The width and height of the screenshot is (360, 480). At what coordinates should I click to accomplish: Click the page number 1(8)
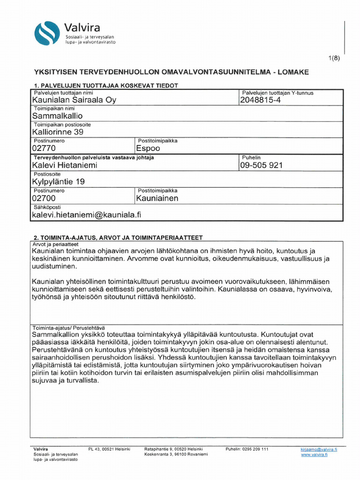click(334, 58)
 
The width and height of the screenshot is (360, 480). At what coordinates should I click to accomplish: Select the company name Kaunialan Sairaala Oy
click(74, 100)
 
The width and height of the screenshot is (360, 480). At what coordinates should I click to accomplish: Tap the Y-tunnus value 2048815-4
click(260, 100)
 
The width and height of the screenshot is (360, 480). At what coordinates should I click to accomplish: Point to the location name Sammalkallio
click(57, 116)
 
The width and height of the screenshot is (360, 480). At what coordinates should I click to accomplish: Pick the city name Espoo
click(148, 149)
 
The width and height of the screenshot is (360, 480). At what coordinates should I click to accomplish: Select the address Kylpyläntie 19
click(59, 182)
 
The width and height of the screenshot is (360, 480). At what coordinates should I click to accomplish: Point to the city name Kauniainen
click(157, 198)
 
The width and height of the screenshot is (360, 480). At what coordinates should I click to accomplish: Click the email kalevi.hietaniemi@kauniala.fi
click(86, 215)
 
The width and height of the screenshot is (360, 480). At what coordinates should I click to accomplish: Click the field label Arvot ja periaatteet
click(55, 244)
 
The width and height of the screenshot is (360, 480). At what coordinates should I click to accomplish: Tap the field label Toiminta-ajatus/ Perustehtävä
click(69, 327)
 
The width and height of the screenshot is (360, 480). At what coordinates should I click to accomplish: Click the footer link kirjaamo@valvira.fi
click(319, 449)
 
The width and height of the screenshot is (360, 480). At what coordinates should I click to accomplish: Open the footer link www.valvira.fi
click(314, 454)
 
